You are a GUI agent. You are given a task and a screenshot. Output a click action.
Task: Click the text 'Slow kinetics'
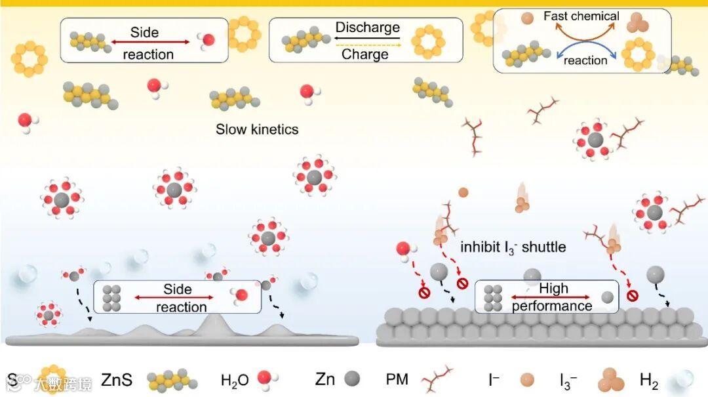coord(257,129)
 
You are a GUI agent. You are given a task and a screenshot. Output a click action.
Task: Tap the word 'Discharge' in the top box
coord(367,28)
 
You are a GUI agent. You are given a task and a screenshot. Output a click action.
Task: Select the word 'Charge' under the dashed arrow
coord(365,54)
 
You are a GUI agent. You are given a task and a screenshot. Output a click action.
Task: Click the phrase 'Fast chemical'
coord(581,16)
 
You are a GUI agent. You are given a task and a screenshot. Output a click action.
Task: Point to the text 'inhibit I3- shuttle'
coord(513,247)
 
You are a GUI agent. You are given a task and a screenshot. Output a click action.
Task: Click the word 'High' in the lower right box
coord(553,289)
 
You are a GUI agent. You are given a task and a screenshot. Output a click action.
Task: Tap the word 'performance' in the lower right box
coord(552,306)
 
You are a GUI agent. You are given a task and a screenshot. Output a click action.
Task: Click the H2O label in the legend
coord(235,380)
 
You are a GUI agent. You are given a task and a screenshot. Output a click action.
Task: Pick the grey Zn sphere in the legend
coord(352,379)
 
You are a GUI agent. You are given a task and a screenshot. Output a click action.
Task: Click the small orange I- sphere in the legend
coord(526,380)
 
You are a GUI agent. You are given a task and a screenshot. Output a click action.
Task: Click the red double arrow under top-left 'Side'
coord(149,43)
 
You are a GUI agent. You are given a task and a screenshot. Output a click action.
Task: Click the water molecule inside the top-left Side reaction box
coord(207,41)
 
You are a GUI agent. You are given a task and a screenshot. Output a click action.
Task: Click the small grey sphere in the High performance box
coord(608,297)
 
